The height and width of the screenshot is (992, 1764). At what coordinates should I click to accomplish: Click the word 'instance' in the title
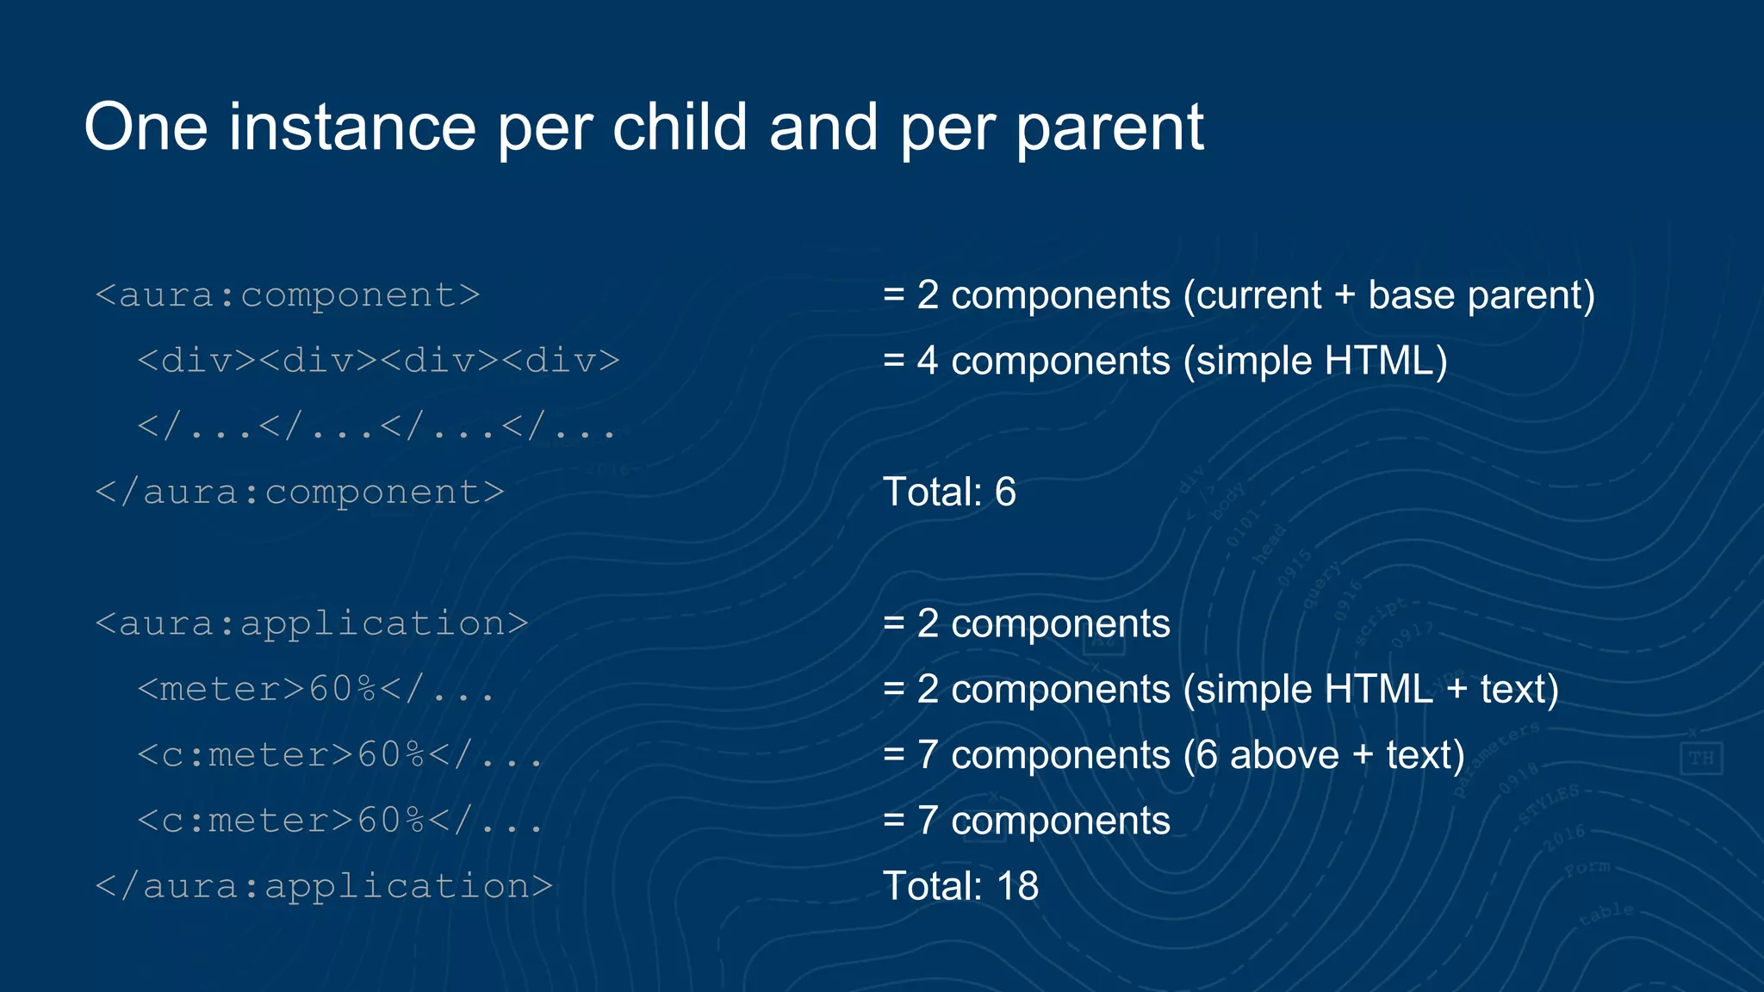[x=351, y=127]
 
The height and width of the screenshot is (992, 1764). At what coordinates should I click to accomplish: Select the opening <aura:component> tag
[x=287, y=295]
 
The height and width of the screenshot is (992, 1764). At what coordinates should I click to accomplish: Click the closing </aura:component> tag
[x=299, y=493]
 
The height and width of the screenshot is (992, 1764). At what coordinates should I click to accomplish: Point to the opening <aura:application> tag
[x=311, y=623]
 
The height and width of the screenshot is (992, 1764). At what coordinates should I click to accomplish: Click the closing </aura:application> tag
[x=323, y=886]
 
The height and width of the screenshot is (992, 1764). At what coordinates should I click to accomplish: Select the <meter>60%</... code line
[x=315, y=690]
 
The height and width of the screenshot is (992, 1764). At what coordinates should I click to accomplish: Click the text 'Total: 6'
[x=949, y=493]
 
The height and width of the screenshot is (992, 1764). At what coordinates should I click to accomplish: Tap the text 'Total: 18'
[x=960, y=886]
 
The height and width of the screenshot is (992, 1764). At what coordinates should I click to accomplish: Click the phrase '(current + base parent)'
[x=1388, y=295]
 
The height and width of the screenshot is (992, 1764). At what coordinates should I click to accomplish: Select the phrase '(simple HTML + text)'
[x=1370, y=690]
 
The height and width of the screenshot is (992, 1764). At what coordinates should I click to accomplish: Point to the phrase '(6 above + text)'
[x=1323, y=755]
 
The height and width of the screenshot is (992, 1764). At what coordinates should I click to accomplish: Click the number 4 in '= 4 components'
[x=927, y=361]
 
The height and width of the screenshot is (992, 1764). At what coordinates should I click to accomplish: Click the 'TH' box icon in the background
[x=1700, y=759]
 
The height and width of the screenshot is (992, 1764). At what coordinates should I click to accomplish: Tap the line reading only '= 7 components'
[x=1027, y=821]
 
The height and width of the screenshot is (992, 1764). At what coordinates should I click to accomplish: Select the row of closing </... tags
[x=376, y=426]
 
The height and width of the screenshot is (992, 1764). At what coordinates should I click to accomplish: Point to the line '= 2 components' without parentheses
[x=1027, y=623]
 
